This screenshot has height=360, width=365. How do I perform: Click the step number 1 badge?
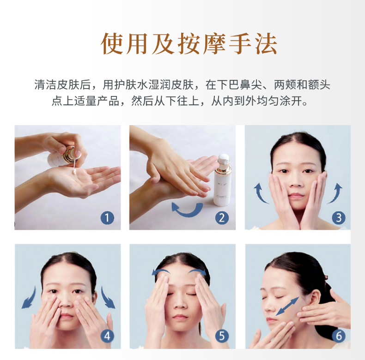[x=107, y=218]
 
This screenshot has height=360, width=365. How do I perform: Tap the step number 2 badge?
[x=222, y=218]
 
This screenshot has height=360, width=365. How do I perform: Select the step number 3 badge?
[x=339, y=218]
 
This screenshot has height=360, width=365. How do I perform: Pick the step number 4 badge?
[x=107, y=336]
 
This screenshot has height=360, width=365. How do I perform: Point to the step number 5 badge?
[x=222, y=336]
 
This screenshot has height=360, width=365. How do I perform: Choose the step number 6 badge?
[x=339, y=336]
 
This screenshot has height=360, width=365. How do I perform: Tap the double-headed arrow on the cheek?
[x=287, y=306]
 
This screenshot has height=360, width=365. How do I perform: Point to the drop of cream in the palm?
[x=74, y=173]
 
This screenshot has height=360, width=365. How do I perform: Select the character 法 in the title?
[x=266, y=44]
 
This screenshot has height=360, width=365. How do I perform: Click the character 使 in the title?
[x=112, y=44]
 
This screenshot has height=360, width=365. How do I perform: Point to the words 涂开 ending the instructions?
[x=291, y=101]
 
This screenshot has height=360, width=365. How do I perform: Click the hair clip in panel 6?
[x=326, y=277]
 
